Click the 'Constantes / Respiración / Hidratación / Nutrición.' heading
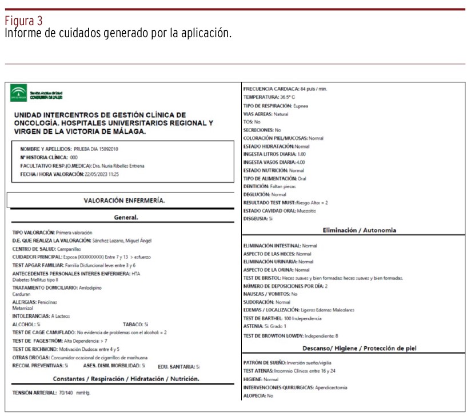click(x=126, y=379)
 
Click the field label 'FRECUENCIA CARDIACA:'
click(x=271, y=90)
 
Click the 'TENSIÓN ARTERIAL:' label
click(x=33, y=393)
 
